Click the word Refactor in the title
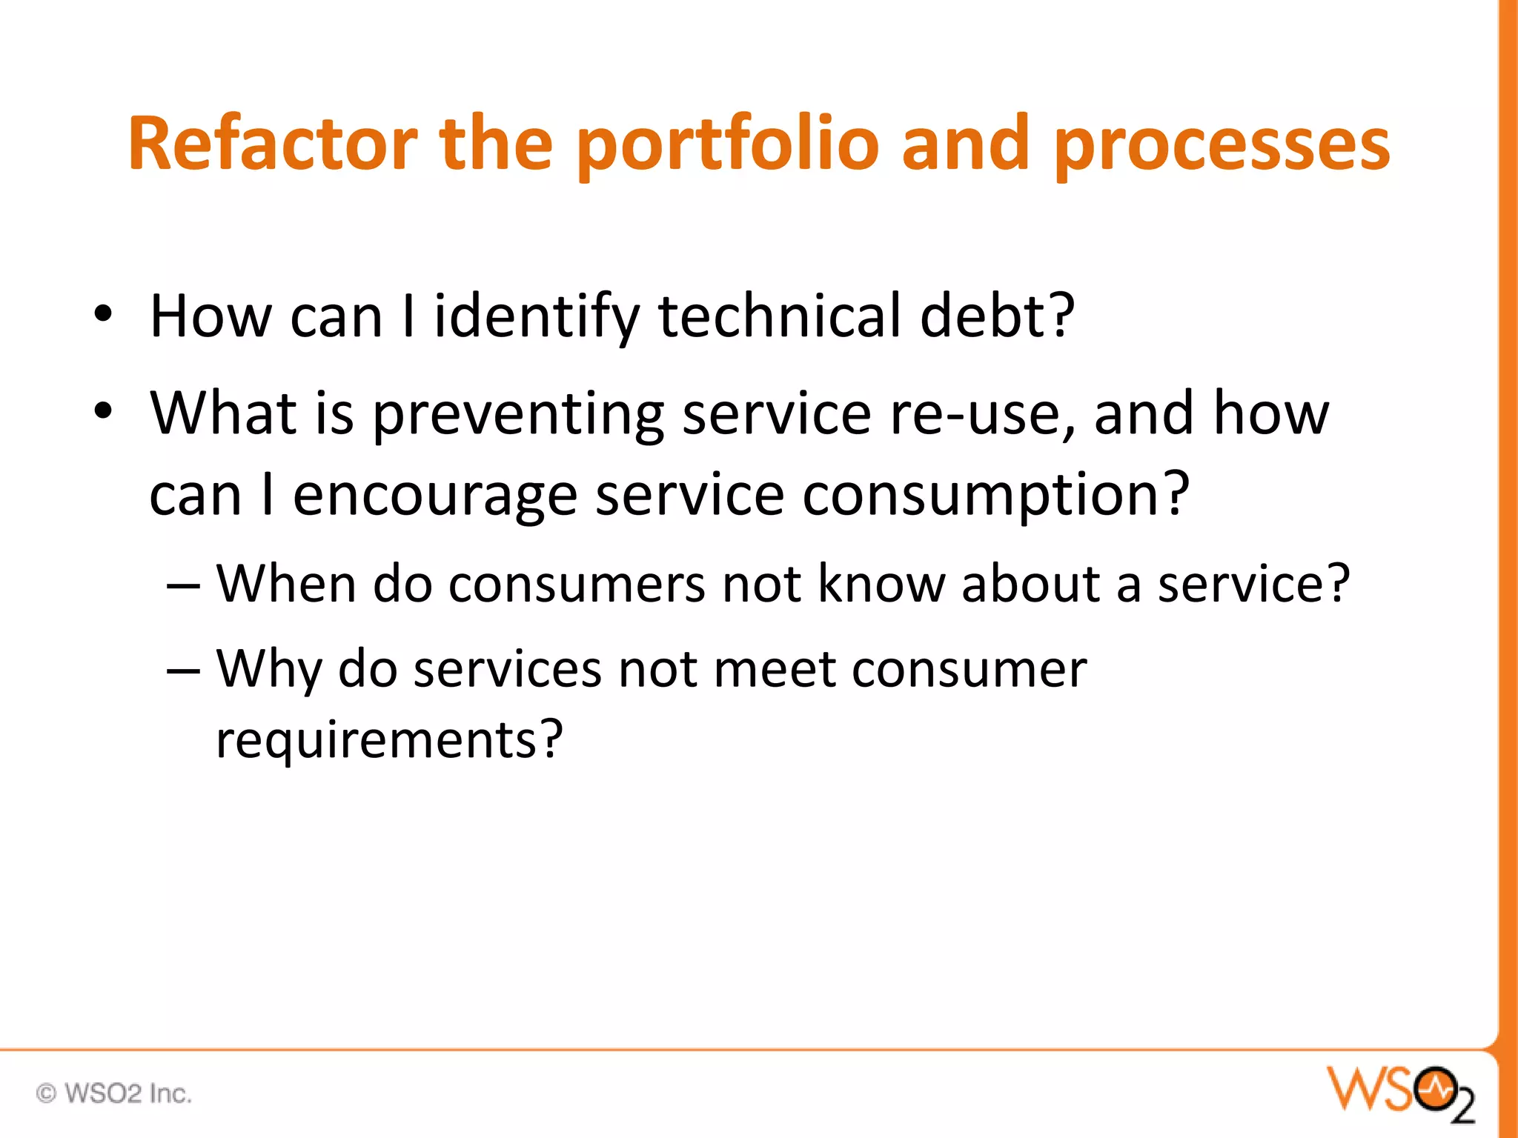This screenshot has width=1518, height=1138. tap(272, 144)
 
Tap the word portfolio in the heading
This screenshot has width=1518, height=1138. tap(726, 144)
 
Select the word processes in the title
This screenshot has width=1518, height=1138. tap(1222, 144)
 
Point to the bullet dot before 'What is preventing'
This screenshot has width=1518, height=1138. tap(103, 411)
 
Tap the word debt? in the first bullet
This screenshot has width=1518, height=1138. tap(997, 316)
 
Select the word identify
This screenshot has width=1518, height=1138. tap(537, 316)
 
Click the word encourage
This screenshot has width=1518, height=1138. tap(435, 495)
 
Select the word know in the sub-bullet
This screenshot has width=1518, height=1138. tap(881, 585)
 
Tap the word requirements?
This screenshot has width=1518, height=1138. tap(390, 739)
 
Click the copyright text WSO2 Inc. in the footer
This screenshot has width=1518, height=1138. tap(115, 1094)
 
